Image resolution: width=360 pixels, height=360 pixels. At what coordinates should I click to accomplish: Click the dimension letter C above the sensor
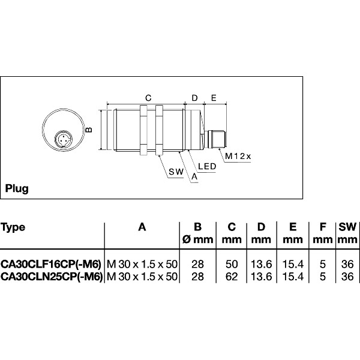click(148, 97)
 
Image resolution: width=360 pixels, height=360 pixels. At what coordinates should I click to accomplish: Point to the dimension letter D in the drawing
click(194, 97)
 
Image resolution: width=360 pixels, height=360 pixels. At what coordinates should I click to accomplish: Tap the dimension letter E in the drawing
click(213, 97)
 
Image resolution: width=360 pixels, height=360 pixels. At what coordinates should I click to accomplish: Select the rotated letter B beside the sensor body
click(88, 129)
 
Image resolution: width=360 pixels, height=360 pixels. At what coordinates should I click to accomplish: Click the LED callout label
click(207, 166)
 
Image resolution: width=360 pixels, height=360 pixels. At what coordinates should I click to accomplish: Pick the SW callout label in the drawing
click(175, 172)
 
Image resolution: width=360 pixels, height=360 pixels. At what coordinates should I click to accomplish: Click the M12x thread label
click(238, 156)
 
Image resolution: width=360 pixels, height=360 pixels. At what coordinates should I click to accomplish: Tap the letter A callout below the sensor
click(193, 177)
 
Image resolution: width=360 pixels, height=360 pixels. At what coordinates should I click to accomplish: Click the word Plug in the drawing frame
click(17, 188)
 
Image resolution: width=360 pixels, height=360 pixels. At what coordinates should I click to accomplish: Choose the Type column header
click(13, 227)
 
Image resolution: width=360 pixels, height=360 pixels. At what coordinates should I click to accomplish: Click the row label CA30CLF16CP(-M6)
click(50, 264)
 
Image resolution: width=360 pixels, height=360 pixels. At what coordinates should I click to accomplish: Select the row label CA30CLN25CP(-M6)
click(51, 276)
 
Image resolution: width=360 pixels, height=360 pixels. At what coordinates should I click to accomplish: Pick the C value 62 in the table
click(232, 276)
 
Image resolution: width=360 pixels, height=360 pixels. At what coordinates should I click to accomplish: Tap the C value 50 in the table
click(232, 264)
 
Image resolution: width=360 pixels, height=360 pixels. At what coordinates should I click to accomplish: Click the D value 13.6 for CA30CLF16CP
click(261, 264)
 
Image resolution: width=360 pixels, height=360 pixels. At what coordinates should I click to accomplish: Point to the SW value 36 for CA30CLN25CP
click(346, 276)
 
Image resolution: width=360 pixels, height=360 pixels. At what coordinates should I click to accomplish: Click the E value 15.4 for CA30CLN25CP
click(292, 276)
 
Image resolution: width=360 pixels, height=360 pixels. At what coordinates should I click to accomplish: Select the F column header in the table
click(323, 227)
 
